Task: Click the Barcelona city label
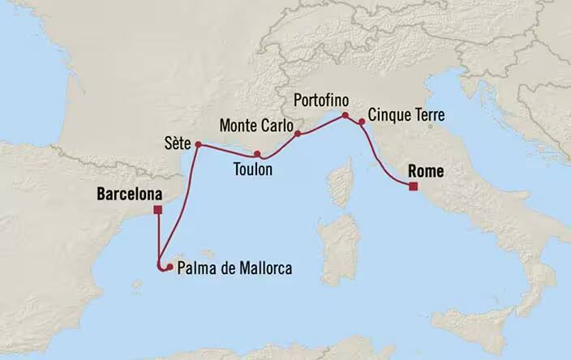[128, 195]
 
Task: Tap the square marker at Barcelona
[157, 211]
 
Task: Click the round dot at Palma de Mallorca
[170, 267]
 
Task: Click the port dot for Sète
[198, 145]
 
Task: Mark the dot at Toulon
[257, 154]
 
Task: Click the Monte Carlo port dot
[297, 133]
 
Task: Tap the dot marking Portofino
[345, 115]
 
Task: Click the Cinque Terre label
[403, 116]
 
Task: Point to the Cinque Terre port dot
[361, 122]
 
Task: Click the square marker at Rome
[413, 186]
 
